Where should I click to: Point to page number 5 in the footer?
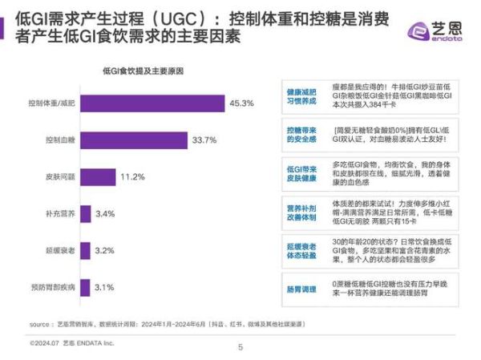pos(240,346)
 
